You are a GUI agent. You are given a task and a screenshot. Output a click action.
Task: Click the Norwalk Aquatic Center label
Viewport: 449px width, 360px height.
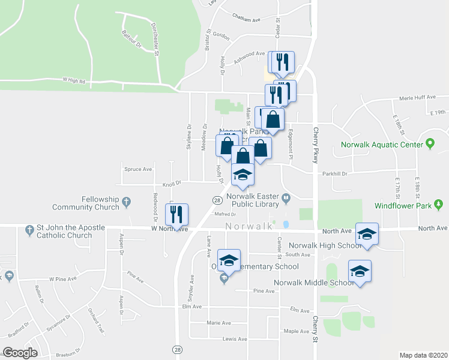tap(383, 145)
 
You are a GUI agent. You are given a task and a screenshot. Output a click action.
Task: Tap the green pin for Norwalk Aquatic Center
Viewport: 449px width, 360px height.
tap(430, 144)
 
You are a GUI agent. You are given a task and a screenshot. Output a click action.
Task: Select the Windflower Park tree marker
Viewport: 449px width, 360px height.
tap(439, 205)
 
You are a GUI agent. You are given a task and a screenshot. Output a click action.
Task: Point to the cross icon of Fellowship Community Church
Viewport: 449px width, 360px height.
tap(127, 203)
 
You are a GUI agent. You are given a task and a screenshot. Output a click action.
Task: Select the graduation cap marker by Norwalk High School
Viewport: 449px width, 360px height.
tap(367, 233)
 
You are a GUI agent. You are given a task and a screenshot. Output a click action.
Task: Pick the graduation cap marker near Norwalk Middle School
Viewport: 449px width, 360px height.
tap(360, 271)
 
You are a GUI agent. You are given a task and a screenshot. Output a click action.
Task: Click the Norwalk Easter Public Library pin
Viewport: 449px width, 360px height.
tap(287, 196)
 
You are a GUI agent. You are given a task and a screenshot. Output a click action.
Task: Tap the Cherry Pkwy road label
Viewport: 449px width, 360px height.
tap(314, 144)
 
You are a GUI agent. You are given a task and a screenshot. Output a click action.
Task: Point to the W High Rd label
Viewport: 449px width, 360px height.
tap(74, 80)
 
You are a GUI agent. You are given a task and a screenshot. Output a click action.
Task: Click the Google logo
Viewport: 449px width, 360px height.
tap(20, 353)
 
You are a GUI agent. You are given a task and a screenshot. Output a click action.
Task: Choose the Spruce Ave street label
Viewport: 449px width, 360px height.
tap(138, 169)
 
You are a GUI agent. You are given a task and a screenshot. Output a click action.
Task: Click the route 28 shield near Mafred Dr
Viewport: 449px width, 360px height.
tap(216, 200)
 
